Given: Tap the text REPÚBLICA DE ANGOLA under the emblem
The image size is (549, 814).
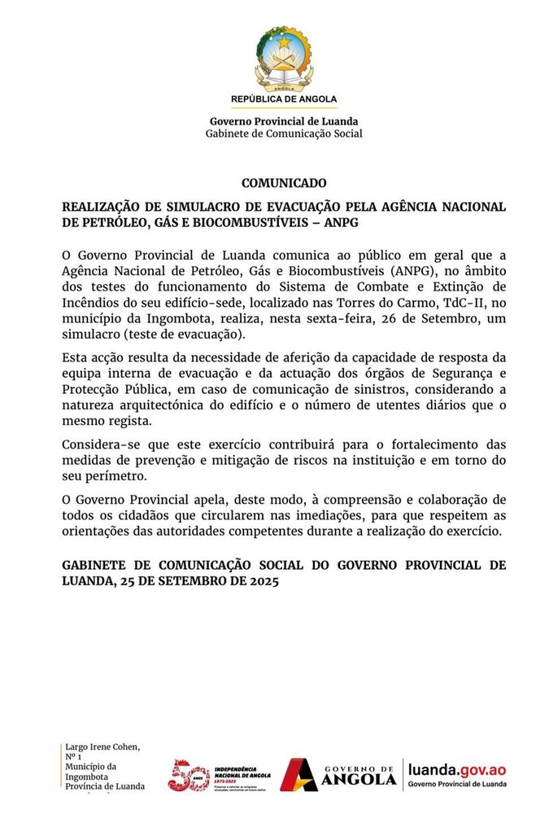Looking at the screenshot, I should pos(284,99).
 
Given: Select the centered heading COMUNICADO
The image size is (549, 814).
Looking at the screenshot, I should pos(284,183).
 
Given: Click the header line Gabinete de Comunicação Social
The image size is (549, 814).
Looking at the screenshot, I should pos(284,133).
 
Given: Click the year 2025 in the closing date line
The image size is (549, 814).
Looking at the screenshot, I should pos(261,582).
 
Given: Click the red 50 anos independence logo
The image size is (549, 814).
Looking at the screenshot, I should pos(190,774).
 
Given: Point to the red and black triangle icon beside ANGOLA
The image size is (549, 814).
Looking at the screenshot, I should pos(298,774).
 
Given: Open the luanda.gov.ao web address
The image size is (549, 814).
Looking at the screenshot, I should pos(457,768).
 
